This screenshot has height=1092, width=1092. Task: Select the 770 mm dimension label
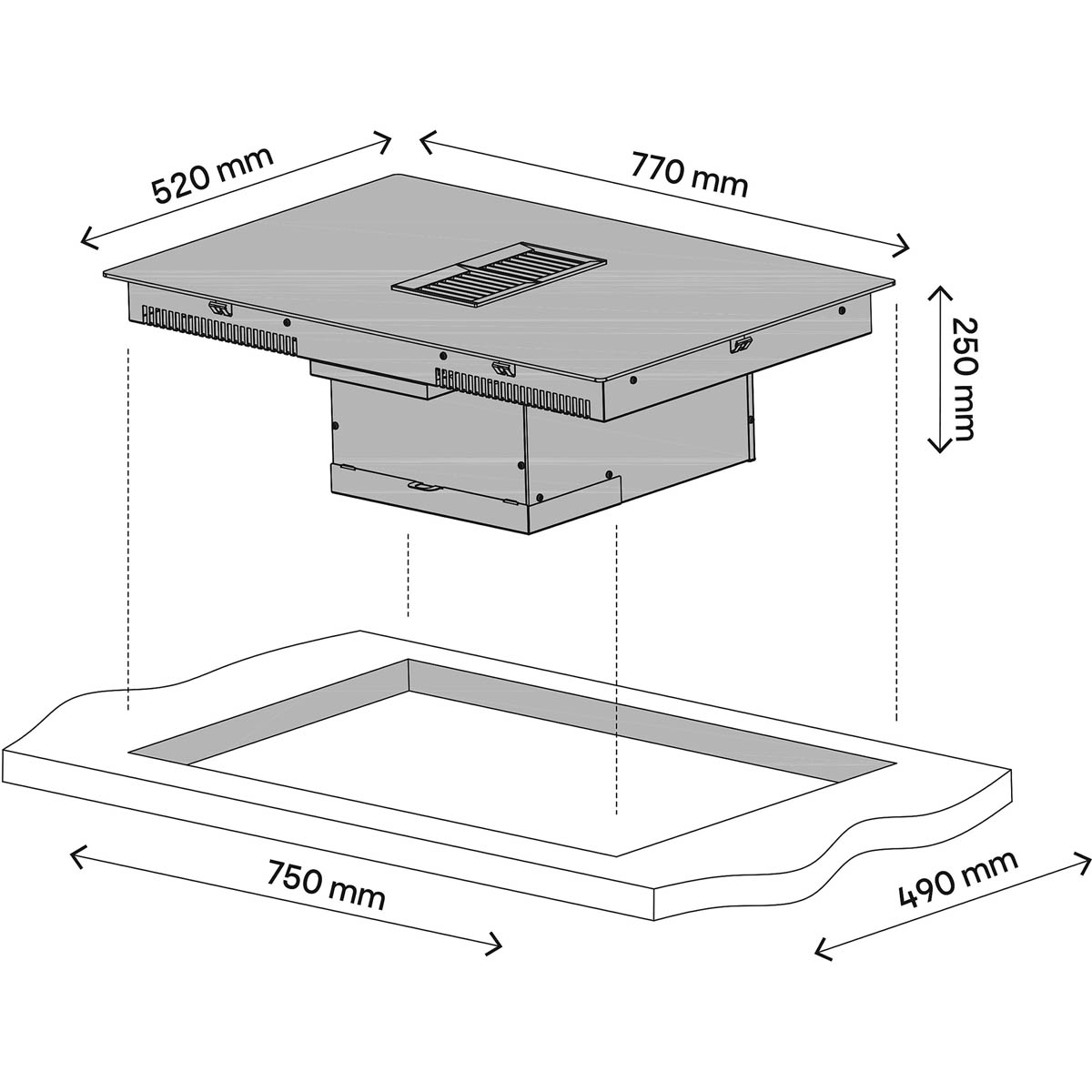[x=689, y=175]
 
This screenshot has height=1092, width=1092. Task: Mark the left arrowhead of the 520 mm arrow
[x=88, y=238]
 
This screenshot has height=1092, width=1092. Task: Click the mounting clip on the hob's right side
[x=740, y=345]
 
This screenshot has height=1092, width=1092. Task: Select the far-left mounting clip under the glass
[x=220, y=308]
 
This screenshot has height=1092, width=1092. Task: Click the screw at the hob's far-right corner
[x=842, y=310]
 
